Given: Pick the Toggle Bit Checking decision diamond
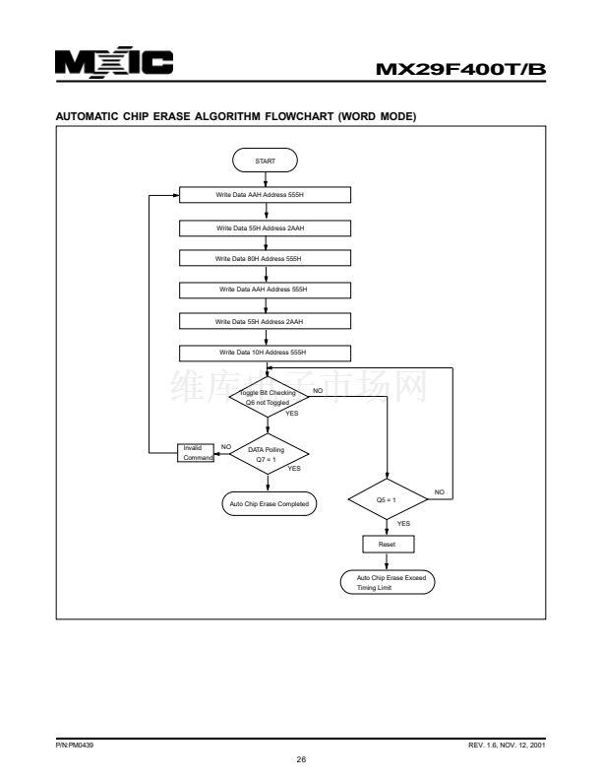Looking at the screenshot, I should pyautogui.click(x=268, y=396).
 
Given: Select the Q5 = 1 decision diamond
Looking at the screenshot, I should pyautogui.click(x=390, y=499).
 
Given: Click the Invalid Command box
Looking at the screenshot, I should pyautogui.click(x=194, y=452).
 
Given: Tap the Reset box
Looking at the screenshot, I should pyautogui.click(x=390, y=544).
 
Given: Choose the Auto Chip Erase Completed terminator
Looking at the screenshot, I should pyautogui.click(x=268, y=503).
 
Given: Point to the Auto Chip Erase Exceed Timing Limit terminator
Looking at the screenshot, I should pyautogui.click(x=390, y=581).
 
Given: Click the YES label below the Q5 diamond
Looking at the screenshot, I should pyautogui.click(x=403, y=524).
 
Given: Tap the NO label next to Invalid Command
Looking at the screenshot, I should pyautogui.click(x=226, y=446).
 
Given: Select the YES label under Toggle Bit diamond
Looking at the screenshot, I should pyautogui.click(x=291, y=413).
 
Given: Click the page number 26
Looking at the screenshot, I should pyautogui.click(x=301, y=759).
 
